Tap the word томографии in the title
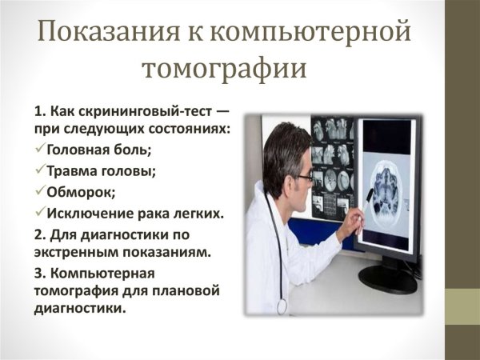point(224,69)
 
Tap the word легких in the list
point(196,213)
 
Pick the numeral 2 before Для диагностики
point(38,234)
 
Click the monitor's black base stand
point(387,279)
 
